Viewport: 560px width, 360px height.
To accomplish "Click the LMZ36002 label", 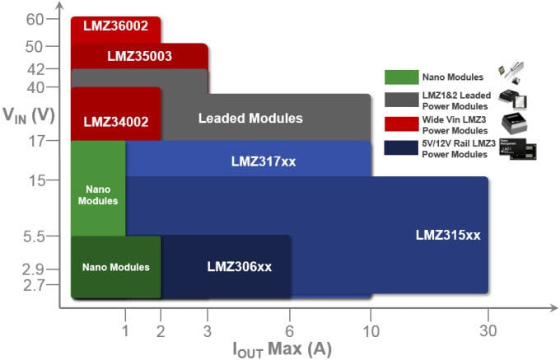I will (x=115, y=26).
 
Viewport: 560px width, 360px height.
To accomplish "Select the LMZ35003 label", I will (x=139, y=57).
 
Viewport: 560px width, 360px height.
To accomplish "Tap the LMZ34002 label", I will (x=116, y=122).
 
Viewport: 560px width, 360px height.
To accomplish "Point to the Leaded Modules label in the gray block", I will (x=250, y=119).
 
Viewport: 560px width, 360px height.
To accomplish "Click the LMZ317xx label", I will (x=263, y=161).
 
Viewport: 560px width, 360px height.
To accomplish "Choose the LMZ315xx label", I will (x=447, y=235).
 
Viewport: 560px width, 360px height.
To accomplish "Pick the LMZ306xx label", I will (x=239, y=267).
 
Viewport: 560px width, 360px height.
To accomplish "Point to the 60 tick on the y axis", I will (x=35, y=19).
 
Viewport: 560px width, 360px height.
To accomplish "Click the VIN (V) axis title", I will (x=28, y=114).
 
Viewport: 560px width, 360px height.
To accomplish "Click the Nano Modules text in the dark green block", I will (x=115, y=267).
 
